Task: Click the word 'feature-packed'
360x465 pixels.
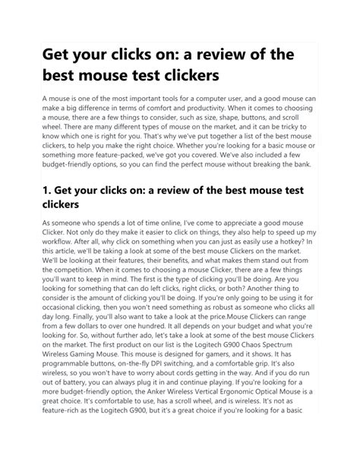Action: [112, 172]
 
